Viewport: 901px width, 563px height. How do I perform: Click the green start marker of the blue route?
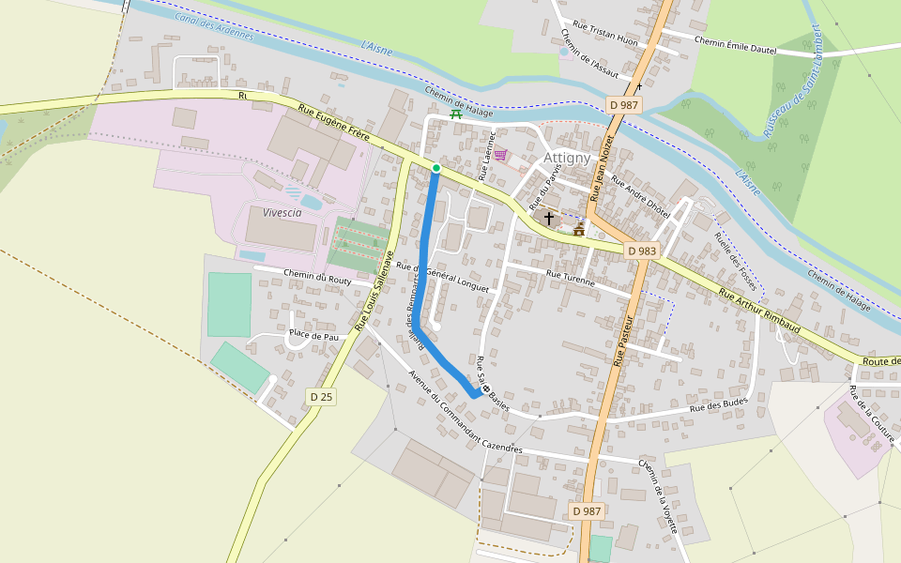[x=436, y=168]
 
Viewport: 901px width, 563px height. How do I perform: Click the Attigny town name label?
[x=567, y=158]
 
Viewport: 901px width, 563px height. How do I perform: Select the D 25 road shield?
[x=321, y=397]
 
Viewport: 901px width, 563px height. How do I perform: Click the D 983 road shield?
[x=641, y=251]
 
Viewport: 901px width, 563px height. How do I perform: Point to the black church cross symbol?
[x=549, y=218]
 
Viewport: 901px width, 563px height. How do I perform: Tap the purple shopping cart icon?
[x=501, y=155]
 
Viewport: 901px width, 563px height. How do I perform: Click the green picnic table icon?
[x=456, y=114]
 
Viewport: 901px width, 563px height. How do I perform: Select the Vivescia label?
[x=283, y=212]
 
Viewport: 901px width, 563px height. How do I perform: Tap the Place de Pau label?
[x=313, y=335]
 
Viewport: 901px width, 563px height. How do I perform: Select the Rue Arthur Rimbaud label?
[x=759, y=309]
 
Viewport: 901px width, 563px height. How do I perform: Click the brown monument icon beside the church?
[x=579, y=229]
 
